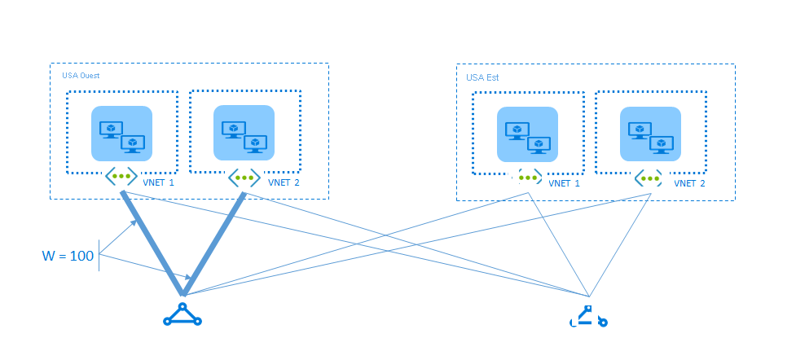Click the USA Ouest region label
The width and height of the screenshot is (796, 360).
click(81, 76)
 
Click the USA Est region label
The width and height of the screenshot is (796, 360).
click(482, 77)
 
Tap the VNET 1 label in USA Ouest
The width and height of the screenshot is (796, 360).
click(158, 182)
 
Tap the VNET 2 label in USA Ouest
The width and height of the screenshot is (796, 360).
click(284, 182)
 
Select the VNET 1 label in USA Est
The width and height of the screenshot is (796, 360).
click(565, 183)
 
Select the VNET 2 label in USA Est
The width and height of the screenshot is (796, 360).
click(689, 183)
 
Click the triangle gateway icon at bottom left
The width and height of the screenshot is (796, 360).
click(182, 315)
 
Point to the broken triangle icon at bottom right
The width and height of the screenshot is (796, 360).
click(588, 317)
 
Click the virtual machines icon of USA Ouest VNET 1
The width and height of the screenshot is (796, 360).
click(121, 134)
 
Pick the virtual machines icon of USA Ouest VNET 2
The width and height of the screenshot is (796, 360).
click(244, 133)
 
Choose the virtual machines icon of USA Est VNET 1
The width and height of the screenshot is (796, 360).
click(527, 134)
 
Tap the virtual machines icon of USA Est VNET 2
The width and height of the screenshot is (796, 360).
click(649, 134)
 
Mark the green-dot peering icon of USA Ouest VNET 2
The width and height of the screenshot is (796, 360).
click(244, 176)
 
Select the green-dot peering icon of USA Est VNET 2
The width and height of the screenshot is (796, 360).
click(649, 177)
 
